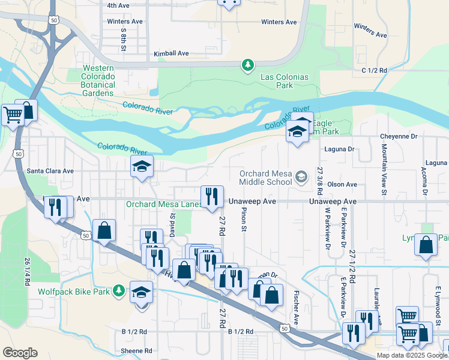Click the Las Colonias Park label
pyautogui.click(x=277, y=81)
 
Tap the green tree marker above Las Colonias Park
pyautogui.click(x=247, y=64)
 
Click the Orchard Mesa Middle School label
pyautogui.click(x=265, y=178)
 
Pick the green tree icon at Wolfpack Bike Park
pyautogui.click(x=119, y=290)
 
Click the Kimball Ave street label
pyautogui.click(x=171, y=53)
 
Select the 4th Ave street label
pyautogui.click(x=118, y=5)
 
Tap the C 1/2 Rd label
pyautogui.click(x=375, y=70)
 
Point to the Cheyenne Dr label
pyautogui.click(x=399, y=137)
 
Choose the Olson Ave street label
pyautogui.click(x=342, y=185)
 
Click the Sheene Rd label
pyautogui.click(x=136, y=351)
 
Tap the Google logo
pyautogui.click(x=20, y=353)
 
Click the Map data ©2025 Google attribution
pyautogui.click(x=412, y=355)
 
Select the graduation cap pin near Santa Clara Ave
pyautogui.click(x=142, y=167)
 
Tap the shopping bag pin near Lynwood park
pyautogui.click(x=426, y=245)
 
